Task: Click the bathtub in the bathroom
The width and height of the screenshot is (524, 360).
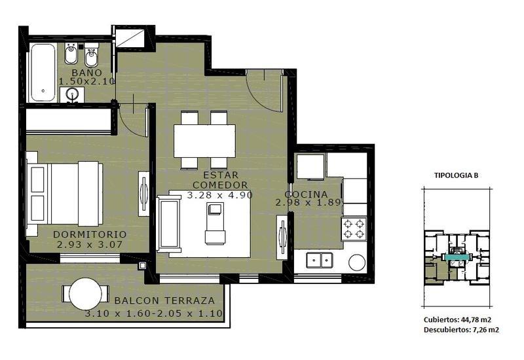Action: [x=43, y=73]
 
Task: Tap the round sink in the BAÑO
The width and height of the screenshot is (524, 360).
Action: [x=72, y=94]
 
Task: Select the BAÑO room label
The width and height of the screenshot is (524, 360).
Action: [x=87, y=73]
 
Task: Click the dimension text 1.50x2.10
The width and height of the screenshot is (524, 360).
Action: [x=87, y=81]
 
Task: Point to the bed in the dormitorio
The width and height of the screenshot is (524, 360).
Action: [x=64, y=194]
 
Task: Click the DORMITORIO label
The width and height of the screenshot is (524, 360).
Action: [x=90, y=234]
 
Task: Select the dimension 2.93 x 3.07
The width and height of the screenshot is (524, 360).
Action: [x=90, y=244]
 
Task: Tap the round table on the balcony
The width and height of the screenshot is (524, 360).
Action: [x=86, y=294]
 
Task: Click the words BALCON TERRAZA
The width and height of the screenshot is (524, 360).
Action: [x=164, y=300]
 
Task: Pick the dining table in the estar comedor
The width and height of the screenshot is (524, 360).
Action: [x=204, y=141]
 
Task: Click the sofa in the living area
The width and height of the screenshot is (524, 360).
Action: [x=168, y=224]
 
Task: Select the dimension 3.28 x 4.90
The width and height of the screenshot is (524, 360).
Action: [x=219, y=195]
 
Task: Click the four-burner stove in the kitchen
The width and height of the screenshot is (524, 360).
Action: [x=354, y=228]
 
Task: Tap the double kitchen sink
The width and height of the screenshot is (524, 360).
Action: [x=320, y=260]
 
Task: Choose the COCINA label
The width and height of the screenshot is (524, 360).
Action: [x=306, y=194]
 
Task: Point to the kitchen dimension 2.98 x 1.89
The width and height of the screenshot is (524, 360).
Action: [x=308, y=202]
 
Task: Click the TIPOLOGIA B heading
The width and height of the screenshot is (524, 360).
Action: [x=456, y=175]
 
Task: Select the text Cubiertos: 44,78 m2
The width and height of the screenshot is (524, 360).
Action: [x=457, y=319]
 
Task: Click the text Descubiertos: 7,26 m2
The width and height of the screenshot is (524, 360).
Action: [x=462, y=330]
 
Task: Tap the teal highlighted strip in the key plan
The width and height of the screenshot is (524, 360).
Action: [x=457, y=257]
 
